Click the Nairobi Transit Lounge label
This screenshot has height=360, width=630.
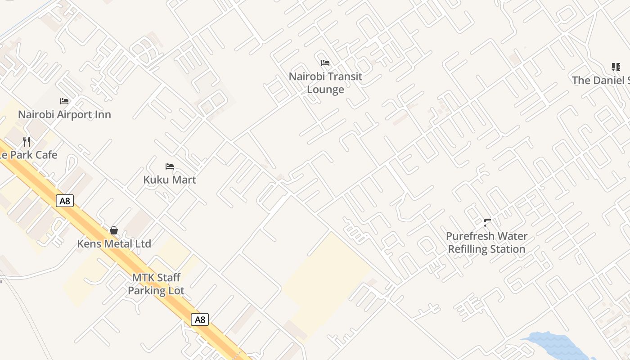tap(325, 83)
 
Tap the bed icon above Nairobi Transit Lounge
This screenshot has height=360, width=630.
tap(325, 63)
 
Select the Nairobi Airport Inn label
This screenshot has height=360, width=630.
tap(64, 114)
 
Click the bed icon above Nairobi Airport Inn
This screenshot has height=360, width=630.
tap(64, 101)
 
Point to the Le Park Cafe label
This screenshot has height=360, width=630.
tap(29, 155)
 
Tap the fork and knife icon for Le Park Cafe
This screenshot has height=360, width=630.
tap(27, 142)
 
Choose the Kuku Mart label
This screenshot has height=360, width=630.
tap(170, 180)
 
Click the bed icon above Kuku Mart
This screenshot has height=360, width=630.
tap(170, 166)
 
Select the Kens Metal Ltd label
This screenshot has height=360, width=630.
tap(114, 244)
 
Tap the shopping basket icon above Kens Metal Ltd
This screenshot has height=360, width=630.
tap(114, 230)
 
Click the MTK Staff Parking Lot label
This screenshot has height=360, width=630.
tap(156, 284)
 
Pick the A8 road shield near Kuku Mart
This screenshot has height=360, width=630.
tap(65, 201)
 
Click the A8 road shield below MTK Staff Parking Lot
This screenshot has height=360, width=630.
tap(200, 320)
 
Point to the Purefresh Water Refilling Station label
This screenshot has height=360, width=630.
tap(486, 243)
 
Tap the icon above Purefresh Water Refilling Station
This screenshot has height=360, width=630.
tap(487, 222)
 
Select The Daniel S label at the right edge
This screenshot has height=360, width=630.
tap(600, 81)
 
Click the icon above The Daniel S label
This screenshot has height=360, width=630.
tap(616, 67)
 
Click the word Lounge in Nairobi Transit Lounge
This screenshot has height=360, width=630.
tap(325, 90)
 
